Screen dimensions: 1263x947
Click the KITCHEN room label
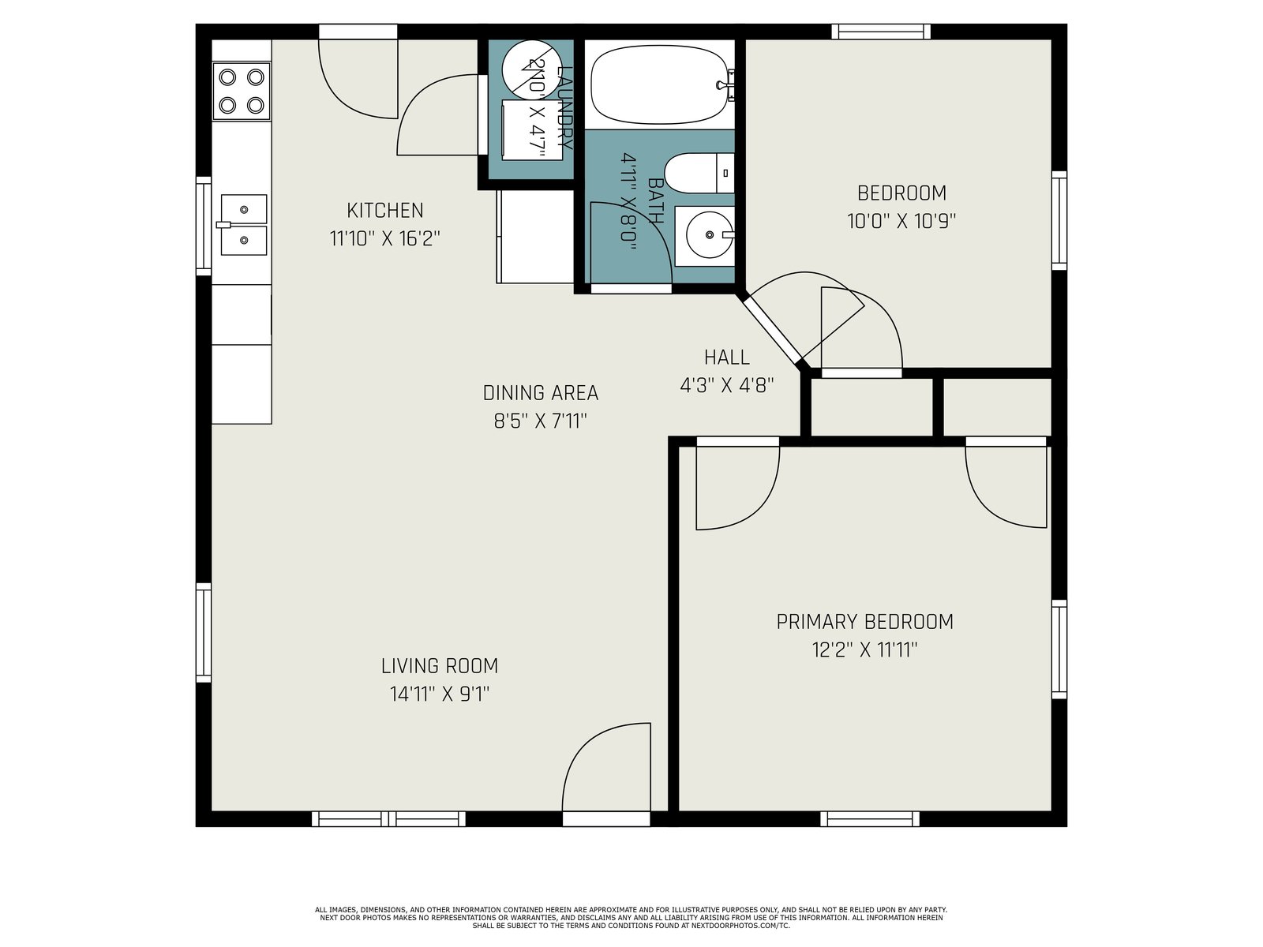click(385, 211)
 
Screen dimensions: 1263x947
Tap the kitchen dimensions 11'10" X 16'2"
click(385, 238)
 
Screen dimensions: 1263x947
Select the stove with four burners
click(242, 92)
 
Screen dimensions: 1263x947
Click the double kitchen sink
click(243, 224)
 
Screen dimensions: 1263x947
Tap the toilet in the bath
click(699, 173)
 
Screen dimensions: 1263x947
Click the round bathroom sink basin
click(710, 234)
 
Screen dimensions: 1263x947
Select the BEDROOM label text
click(901, 193)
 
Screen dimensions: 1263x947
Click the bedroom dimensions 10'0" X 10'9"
click(901, 221)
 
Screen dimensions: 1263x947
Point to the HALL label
click(727, 357)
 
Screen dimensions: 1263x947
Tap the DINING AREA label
click(540, 393)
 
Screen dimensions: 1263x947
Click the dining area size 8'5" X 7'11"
click(540, 421)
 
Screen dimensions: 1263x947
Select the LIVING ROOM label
click(440, 666)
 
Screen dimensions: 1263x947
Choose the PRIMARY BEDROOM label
click(865, 622)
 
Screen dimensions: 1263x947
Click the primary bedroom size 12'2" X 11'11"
click(865, 649)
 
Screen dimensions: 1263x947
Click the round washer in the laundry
click(532, 69)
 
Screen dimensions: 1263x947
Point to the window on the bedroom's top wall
click(881, 32)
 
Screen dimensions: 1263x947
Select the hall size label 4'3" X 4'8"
click(727, 385)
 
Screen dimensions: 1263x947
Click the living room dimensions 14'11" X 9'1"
click(440, 694)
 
